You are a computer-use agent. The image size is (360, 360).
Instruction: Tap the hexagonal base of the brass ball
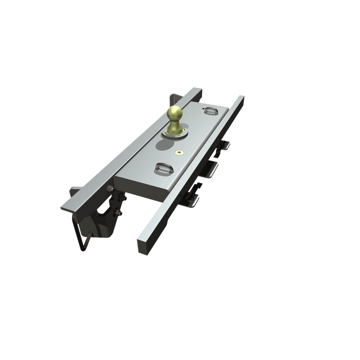(175, 133)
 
